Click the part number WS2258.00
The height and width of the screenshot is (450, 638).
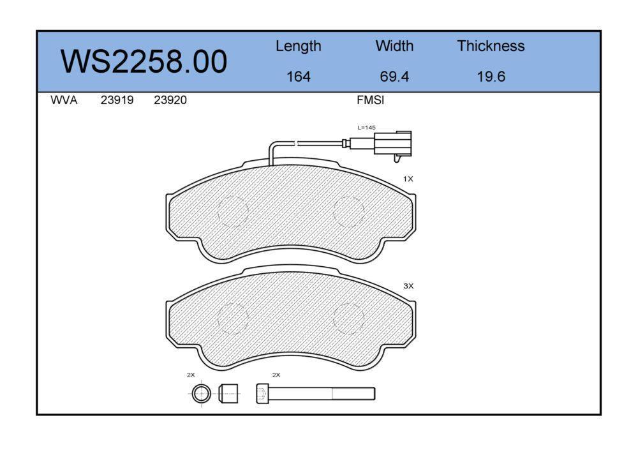(144, 62)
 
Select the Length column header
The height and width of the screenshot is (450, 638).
(298, 47)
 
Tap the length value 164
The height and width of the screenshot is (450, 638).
(298, 77)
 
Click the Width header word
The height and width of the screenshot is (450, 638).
(394, 45)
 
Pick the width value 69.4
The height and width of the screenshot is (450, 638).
(394, 77)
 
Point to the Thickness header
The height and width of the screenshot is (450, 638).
(491, 45)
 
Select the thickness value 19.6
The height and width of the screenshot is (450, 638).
(491, 77)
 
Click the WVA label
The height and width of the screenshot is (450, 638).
(64, 100)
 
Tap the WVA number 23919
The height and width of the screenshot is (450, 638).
(117, 100)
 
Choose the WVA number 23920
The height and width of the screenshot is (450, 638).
(170, 100)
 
